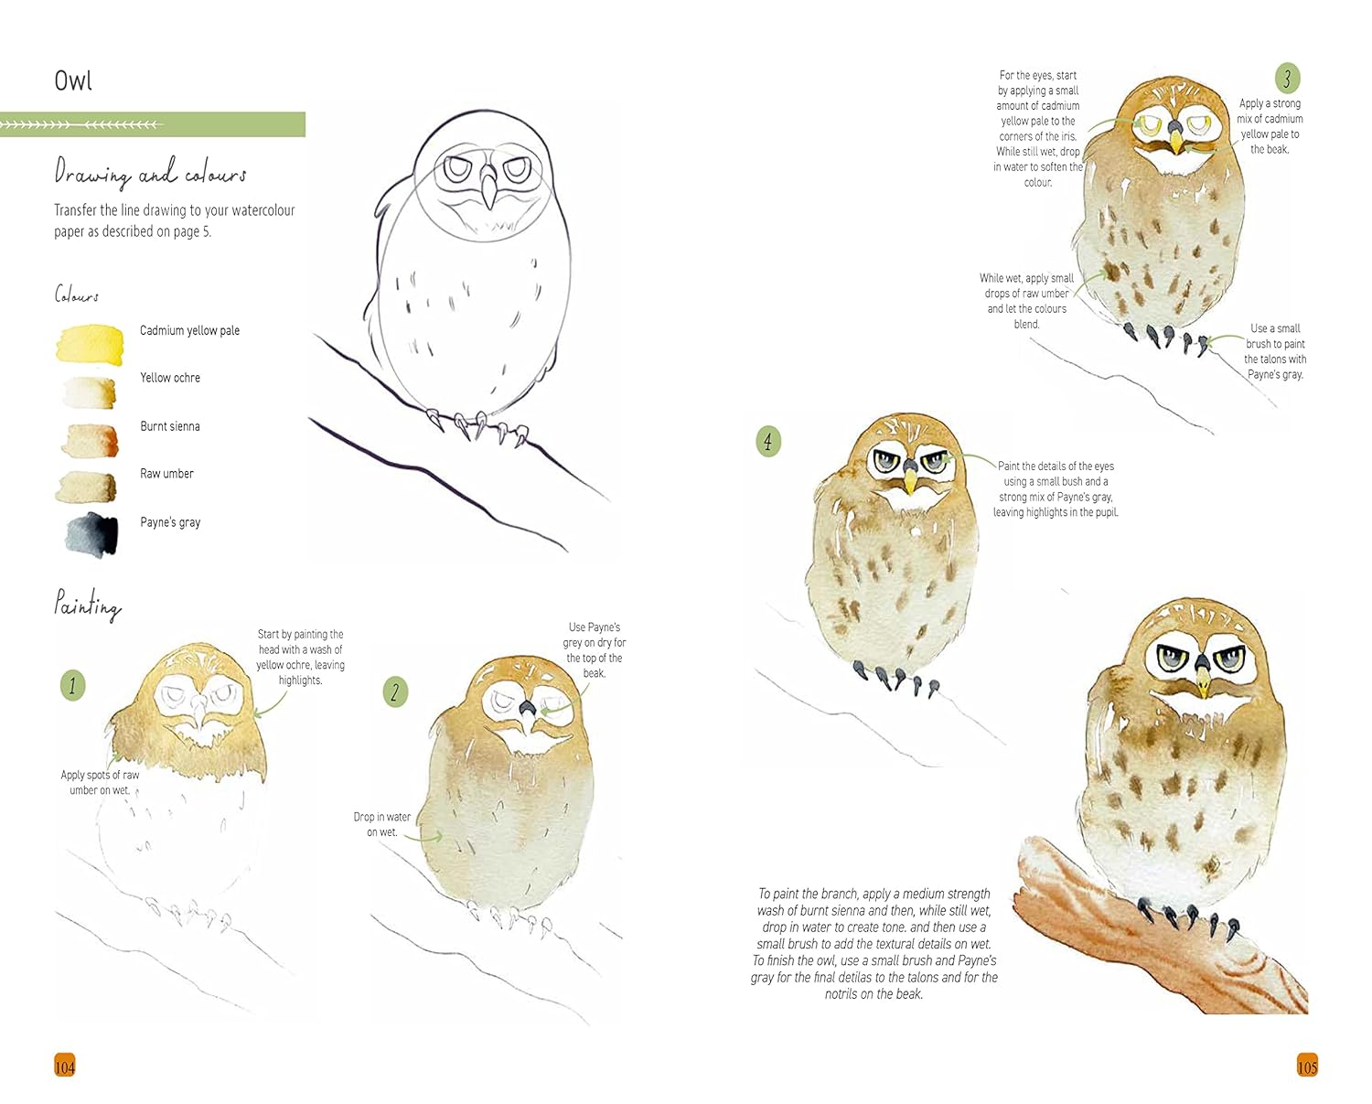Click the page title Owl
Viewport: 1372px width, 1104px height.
(x=73, y=80)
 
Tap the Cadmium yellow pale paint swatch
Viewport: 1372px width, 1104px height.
(x=90, y=344)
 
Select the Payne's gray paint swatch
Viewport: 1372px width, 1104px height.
(x=91, y=533)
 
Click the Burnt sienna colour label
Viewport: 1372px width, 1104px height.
(x=169, y=426)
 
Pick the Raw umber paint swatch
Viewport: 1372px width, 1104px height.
(x=87, y=488)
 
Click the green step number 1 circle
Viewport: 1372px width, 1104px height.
(x=73, y=685)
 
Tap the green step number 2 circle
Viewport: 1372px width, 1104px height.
(x=395, y=692)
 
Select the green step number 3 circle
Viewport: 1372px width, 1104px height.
(x=1287, y=79)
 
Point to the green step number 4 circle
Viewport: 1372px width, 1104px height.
(x=768, y=442)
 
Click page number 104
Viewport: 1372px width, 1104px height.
(x=65, y=1066)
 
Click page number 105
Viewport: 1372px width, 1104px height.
(x=1307, y=1066)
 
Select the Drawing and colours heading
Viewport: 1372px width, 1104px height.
(x=150, y=172)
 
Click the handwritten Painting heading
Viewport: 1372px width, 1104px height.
(x=88, y=605)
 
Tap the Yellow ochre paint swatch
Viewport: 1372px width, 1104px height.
(x=90, y=391)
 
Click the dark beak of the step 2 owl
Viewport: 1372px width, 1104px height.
(x=527, y=708)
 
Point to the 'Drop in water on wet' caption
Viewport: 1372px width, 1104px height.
(x=381, y=824)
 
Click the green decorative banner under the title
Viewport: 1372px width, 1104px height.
(x=152, y=124)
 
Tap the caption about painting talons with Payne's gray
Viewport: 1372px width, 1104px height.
(x=1275, y=351)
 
